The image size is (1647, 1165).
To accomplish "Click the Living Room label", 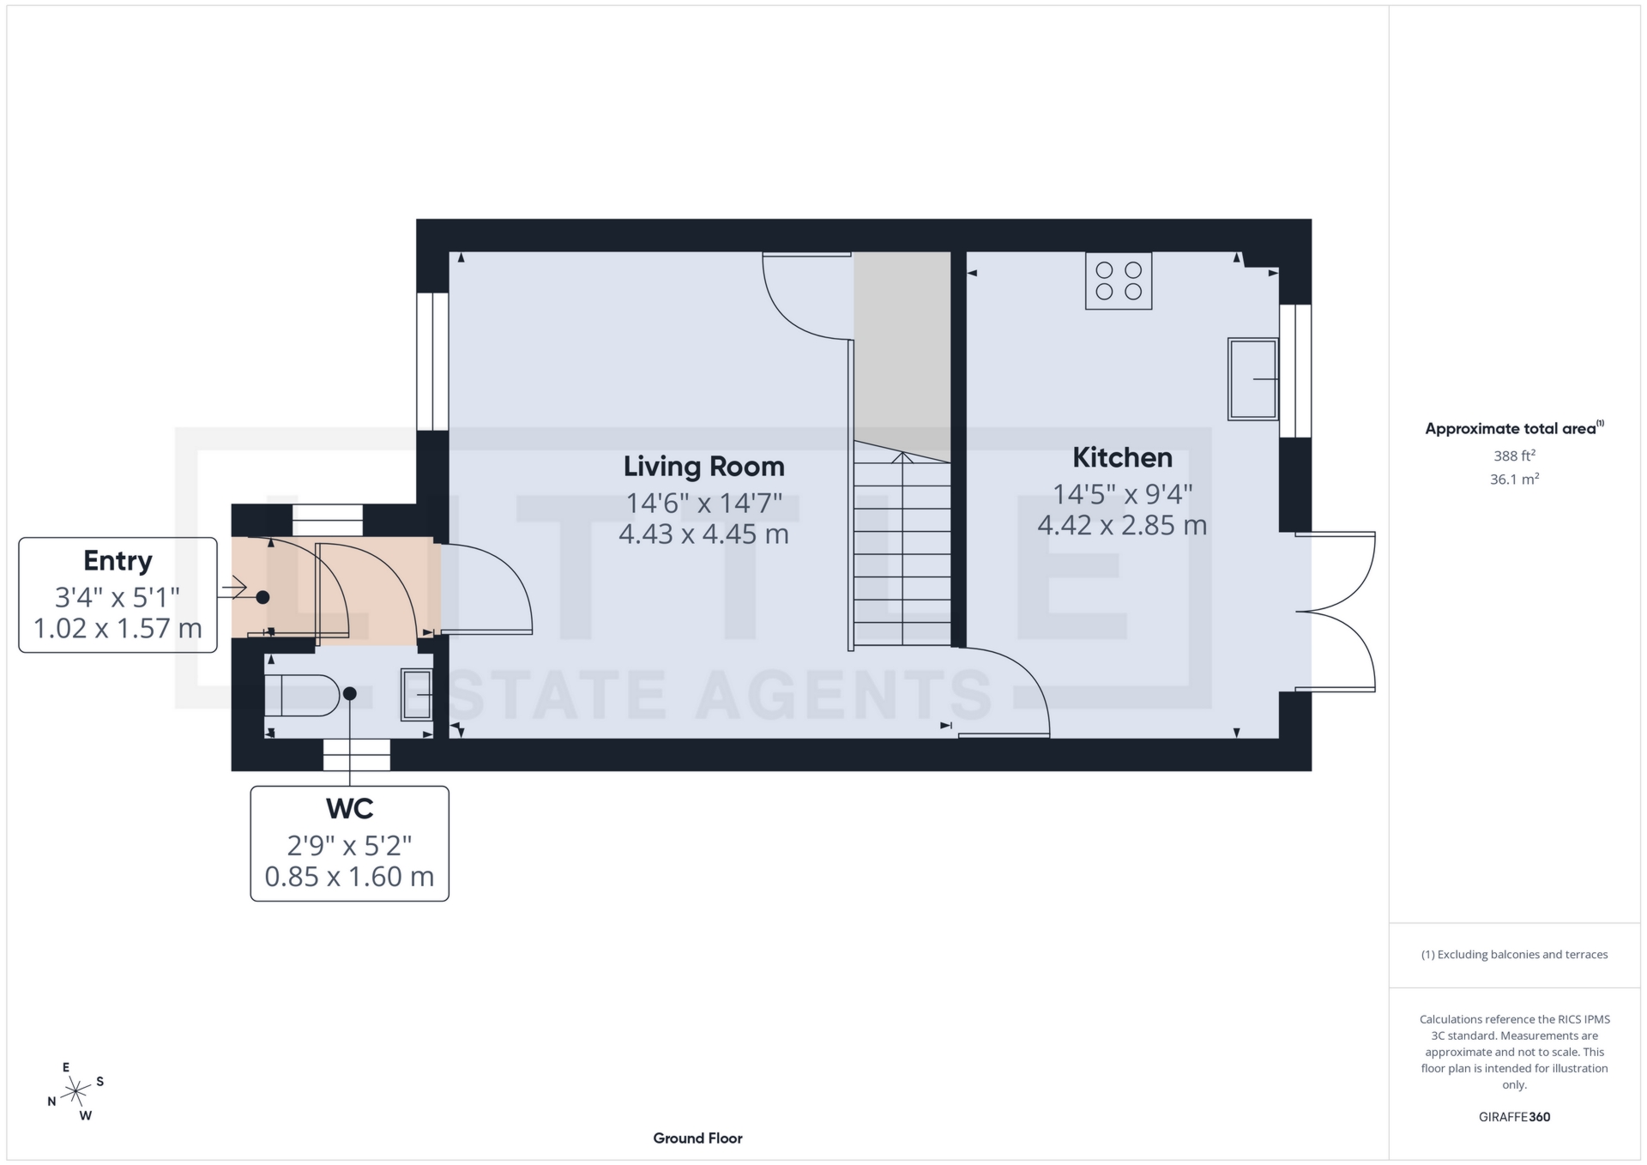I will point(703,467).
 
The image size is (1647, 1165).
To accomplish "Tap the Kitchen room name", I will point(1122,458).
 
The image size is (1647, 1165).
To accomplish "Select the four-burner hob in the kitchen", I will point(1119,281).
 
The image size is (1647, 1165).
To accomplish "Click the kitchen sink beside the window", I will point(1253,378).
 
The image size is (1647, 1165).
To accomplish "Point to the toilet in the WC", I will point(301,695).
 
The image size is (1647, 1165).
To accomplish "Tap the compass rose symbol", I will point(76,1092).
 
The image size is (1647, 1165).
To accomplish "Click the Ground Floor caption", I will point(697,1138).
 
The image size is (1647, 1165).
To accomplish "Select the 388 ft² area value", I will point(1514,456).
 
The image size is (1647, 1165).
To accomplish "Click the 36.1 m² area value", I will point(1514,480).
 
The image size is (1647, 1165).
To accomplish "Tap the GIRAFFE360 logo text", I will point(1514,1117).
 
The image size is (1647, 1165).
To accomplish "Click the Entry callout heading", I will point(118,561).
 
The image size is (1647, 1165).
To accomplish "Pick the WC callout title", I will point(349,809).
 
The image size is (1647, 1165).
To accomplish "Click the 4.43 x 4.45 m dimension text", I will point(703,534).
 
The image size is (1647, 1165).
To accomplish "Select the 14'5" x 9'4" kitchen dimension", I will point(1122,494).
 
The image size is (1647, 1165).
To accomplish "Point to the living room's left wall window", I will point(432,361).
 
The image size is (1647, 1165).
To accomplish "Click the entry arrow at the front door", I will point(234,589).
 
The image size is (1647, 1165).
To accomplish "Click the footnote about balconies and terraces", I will point(1514,955).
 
